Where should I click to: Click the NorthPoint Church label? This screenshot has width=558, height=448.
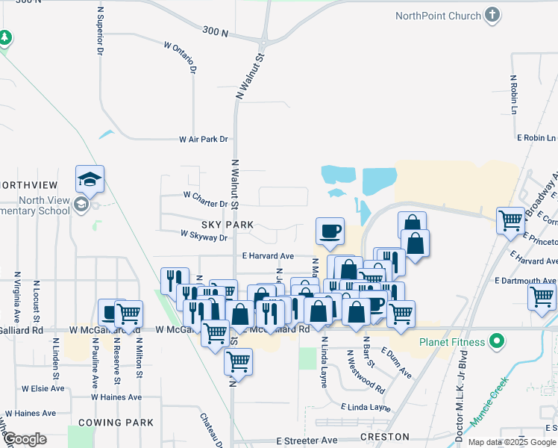(438, 15)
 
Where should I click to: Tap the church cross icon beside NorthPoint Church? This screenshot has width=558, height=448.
(492, 15)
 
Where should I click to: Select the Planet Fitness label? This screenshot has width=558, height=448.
(451, 343)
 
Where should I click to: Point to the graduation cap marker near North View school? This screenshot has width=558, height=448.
(90, 179)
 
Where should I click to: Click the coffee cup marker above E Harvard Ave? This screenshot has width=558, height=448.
(329, 231)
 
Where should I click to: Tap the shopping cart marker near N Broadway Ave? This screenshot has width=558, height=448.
(511, 220)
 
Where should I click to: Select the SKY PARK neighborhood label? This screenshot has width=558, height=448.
(227, 225)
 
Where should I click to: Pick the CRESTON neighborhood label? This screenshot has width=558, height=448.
(384, 436)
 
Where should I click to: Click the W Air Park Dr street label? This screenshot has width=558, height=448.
(203, 140)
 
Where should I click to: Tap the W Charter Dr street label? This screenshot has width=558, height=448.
(205, 204)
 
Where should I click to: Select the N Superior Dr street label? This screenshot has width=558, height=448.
(99, 31)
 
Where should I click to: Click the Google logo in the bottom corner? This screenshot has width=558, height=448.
(25, 439)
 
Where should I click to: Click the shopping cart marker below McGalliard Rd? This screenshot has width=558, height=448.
(237, 362)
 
